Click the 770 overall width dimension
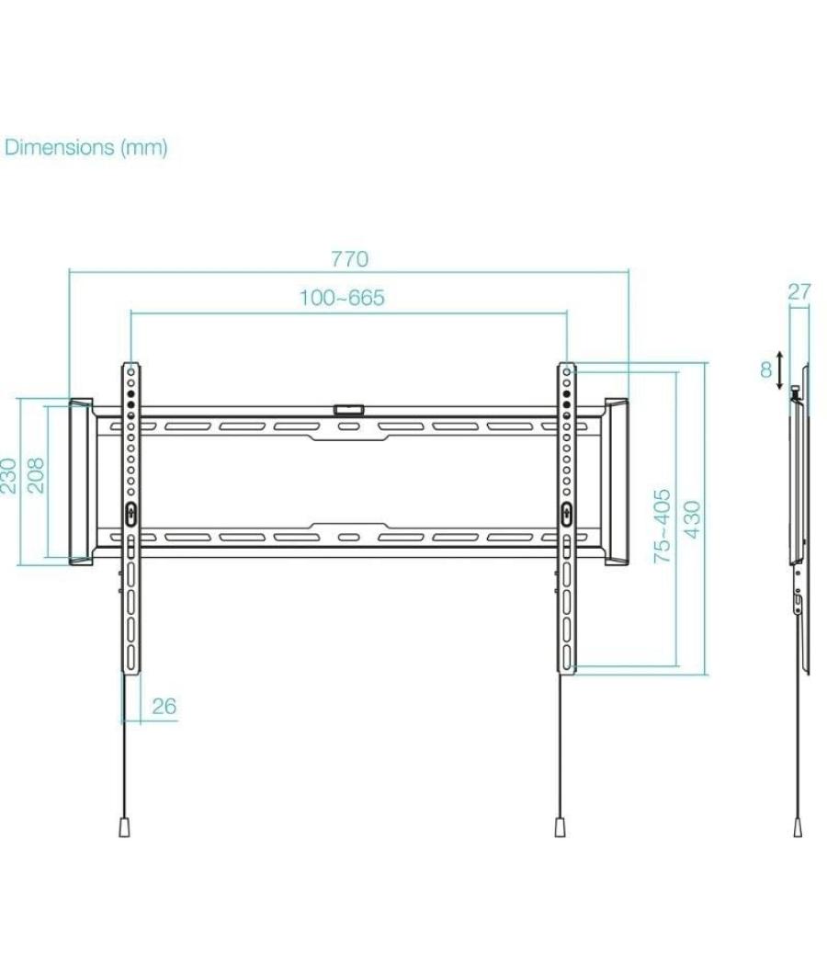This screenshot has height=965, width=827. click(349, 259)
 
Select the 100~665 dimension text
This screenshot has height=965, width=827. click(342, 298)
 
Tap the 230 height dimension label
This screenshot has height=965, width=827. click(8, 476)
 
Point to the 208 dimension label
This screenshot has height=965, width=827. click(36, 476)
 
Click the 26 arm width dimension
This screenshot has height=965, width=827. click(164, 707)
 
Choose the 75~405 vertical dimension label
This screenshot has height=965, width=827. click(662, 526)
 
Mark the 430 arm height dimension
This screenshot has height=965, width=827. click(692, 520)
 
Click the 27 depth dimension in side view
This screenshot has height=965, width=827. click(799, 292)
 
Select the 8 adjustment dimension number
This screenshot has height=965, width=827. click(765, 370)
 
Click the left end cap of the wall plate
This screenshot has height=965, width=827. click(81, 482)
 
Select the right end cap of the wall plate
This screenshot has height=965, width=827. click(616, 482)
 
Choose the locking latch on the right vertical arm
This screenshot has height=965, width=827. click(566, 514)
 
